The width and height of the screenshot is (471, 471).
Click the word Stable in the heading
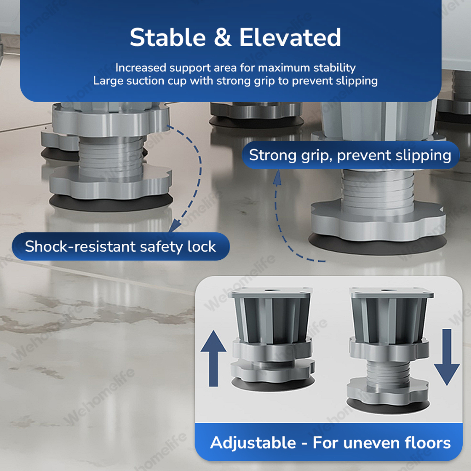click(167, 38)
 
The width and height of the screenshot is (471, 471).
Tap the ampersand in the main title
click(223, 38)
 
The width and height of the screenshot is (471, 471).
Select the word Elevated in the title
click(290, 38)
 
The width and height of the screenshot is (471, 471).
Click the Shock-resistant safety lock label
click(121, 247)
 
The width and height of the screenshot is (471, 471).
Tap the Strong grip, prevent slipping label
click(350, 155)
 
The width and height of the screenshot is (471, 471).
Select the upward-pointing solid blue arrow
click(213, 358)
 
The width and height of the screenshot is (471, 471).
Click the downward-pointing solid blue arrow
click(447, 357)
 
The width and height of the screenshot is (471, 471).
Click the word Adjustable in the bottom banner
click(253, 443)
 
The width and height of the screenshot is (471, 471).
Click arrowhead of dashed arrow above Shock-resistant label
click(175, 225)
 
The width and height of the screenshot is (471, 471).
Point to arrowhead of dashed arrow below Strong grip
click(277, 177)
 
